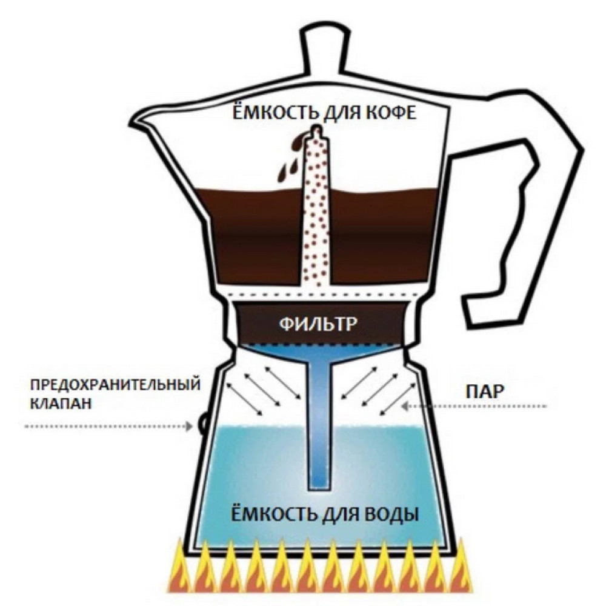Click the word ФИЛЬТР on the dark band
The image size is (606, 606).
click(317, 324)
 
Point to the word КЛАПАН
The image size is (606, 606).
click(61, 404)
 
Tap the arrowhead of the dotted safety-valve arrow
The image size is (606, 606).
click(189, 426)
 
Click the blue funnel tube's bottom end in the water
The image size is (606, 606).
click(319, 488)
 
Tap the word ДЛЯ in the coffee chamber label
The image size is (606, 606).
click(342, 114)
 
